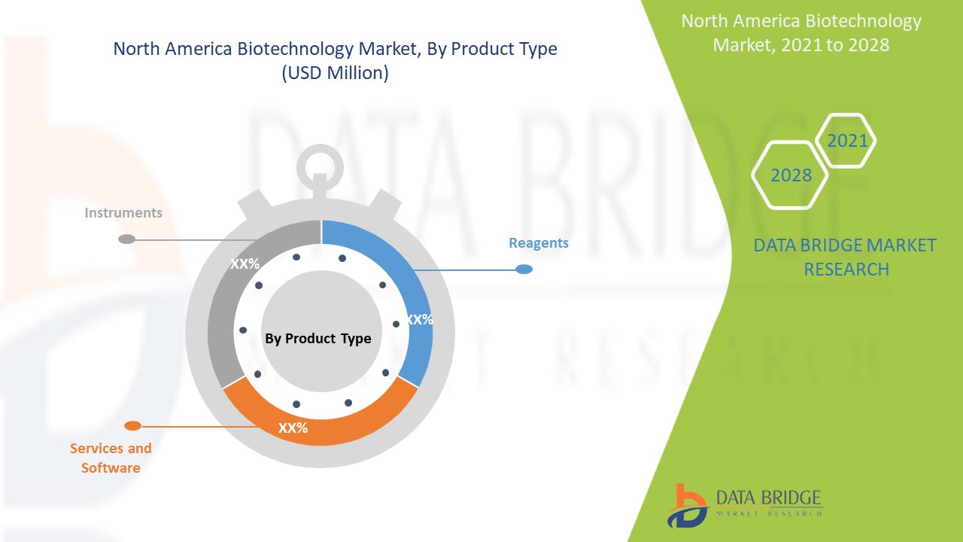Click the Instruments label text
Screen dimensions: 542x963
123,213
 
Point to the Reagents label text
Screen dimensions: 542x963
539,243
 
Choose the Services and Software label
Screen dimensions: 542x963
111,458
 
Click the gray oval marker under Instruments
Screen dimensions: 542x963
127,239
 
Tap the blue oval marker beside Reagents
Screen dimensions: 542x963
524,269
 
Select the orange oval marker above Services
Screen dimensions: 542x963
132,426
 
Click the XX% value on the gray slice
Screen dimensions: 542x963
245,264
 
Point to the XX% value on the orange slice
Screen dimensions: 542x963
293,428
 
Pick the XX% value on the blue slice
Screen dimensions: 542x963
419,320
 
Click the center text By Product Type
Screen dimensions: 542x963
318,339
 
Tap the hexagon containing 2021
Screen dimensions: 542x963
847,141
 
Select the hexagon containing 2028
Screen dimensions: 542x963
791,175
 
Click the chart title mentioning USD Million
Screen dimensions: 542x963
335,61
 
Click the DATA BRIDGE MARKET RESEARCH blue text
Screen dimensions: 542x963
845,257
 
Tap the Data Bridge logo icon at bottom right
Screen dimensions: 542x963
687,505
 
